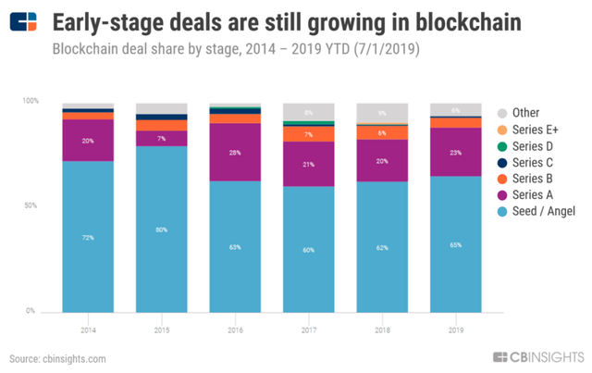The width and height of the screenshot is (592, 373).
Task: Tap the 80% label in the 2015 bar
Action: (x=161, y=230)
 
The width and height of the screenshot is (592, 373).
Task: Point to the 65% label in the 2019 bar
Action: (x=456, y=245)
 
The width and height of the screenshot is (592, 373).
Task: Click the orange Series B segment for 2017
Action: (x=309, y=133)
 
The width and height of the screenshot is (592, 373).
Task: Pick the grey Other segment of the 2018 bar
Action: (x=382, y=113)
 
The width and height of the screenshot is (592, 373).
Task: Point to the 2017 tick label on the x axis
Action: (x=309, y=329)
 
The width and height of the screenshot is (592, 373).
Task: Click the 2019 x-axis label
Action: (x=456, y=329)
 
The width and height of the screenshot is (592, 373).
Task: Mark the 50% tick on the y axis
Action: (x=30, y=205)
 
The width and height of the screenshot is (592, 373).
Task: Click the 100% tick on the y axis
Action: (x=30, y=100)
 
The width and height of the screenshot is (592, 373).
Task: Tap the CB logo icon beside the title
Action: (x=24, y=22)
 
